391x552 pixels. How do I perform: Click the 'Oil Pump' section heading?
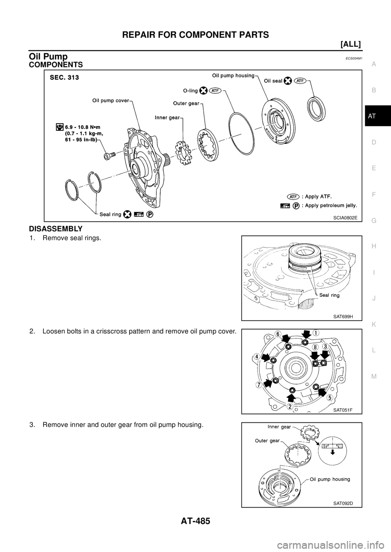48,57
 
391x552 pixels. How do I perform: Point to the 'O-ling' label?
190,91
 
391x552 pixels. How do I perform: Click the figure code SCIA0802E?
345,217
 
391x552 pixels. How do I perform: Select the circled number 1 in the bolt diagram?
317,333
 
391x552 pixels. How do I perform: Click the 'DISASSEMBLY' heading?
55,229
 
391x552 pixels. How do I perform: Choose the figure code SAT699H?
343,317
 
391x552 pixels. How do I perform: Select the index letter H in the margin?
373,246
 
